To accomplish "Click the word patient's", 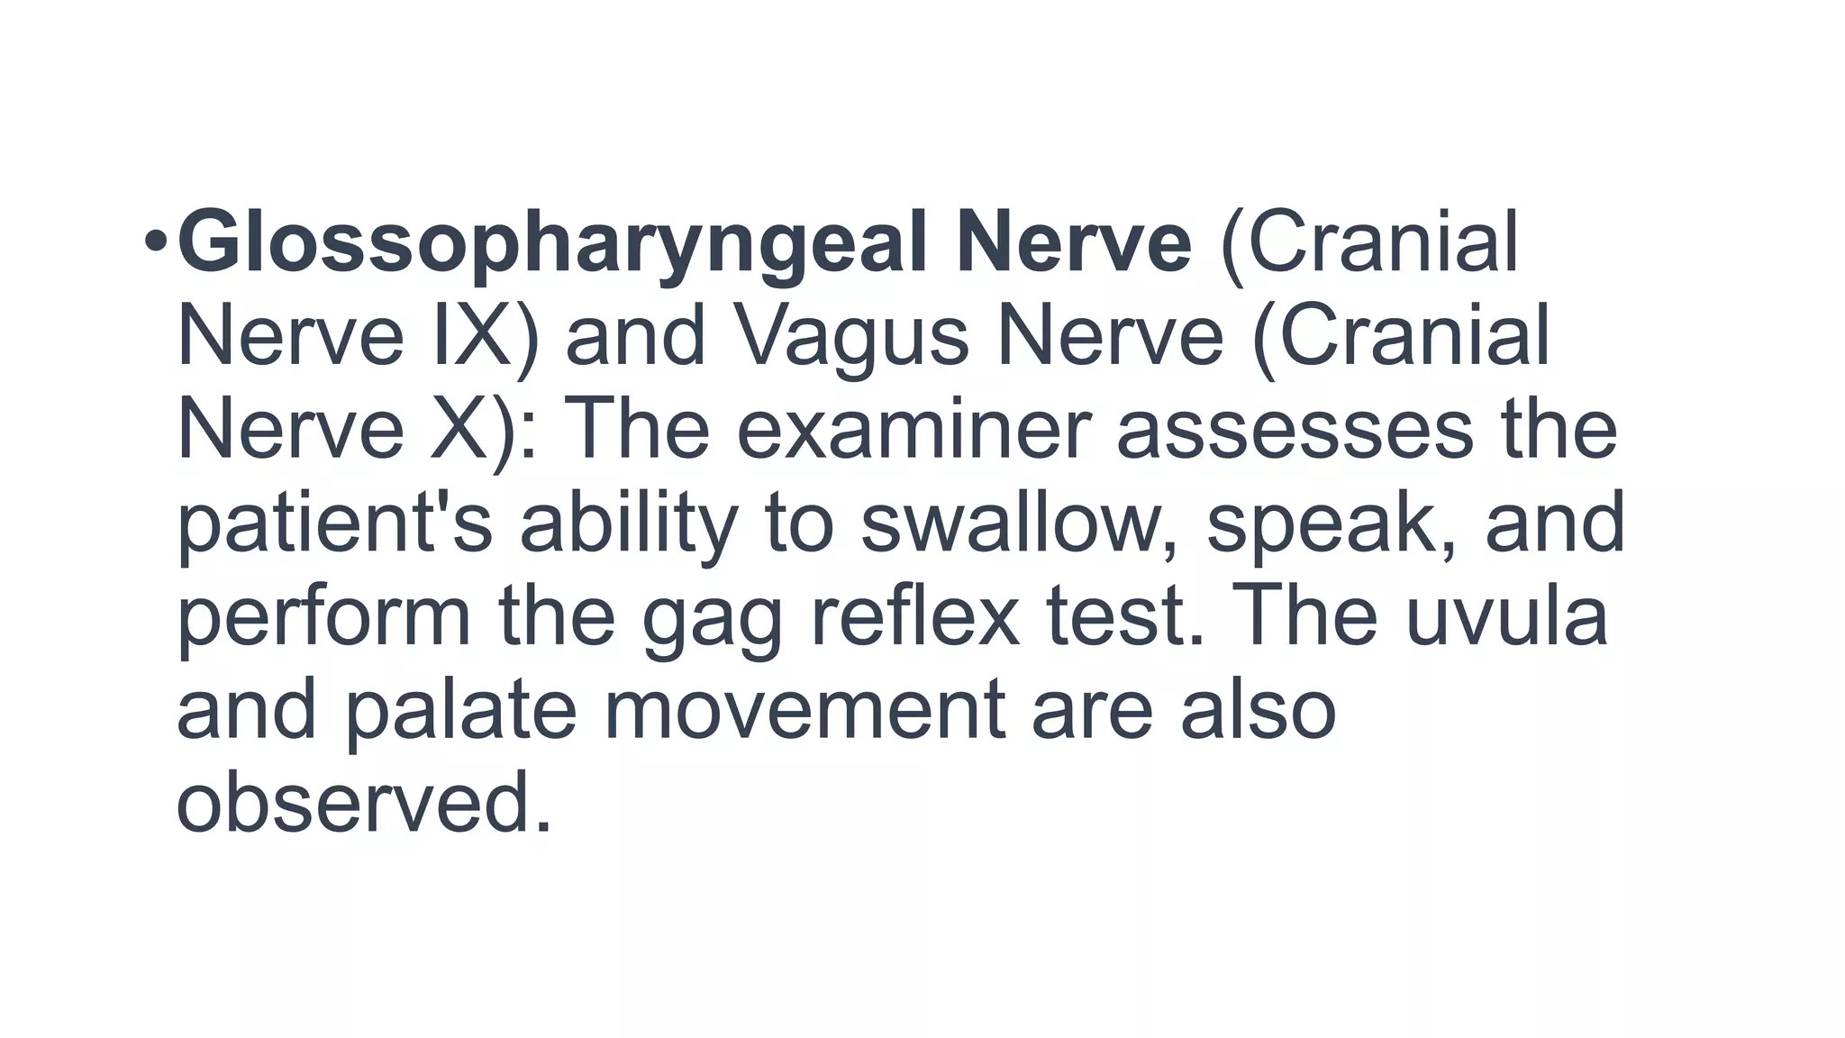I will pyautogui.click(x=334, y=524).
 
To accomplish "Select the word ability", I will pyautogui.click(x=629, y=524).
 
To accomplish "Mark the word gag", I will pyautogui.click(x=712, y=621).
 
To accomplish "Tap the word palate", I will pyautogui.click(x=460, y=711).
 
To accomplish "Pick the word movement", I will pyautogui.click(x=804, y=711).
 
